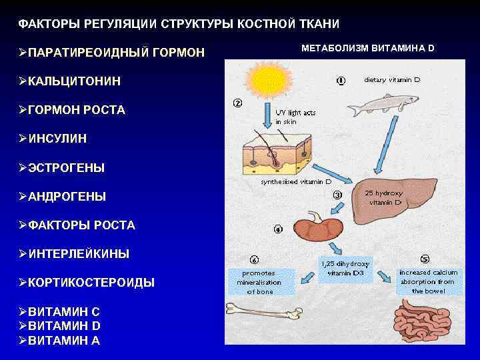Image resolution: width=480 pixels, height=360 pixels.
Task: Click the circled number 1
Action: pos(341,81)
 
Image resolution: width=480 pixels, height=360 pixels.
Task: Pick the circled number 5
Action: pos(424,259)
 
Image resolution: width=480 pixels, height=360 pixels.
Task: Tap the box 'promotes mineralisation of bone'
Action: pos(259,282)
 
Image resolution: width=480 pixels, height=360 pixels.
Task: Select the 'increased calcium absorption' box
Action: pos(428,282)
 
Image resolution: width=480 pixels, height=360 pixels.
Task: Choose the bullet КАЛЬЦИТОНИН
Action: pos(74,81)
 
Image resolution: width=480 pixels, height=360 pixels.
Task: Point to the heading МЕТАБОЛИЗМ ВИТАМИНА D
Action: pos(368,49)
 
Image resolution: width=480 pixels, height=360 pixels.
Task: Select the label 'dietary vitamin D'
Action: pos(392,80)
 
